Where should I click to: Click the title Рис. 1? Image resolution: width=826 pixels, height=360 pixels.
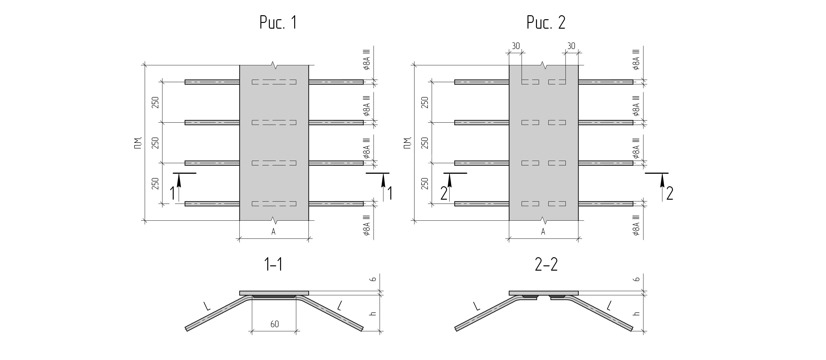point(278,22)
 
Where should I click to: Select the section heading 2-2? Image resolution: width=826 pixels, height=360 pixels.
point(546,265)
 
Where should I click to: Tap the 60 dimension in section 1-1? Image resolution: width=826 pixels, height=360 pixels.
point(274,324)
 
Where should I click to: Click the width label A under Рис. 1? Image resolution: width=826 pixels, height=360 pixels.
point(274,231)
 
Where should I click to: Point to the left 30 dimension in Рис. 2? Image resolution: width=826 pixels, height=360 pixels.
point(516,46)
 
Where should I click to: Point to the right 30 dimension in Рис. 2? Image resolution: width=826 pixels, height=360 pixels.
point(571,46)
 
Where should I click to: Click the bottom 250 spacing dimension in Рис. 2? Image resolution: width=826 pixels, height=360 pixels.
point(425,183)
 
